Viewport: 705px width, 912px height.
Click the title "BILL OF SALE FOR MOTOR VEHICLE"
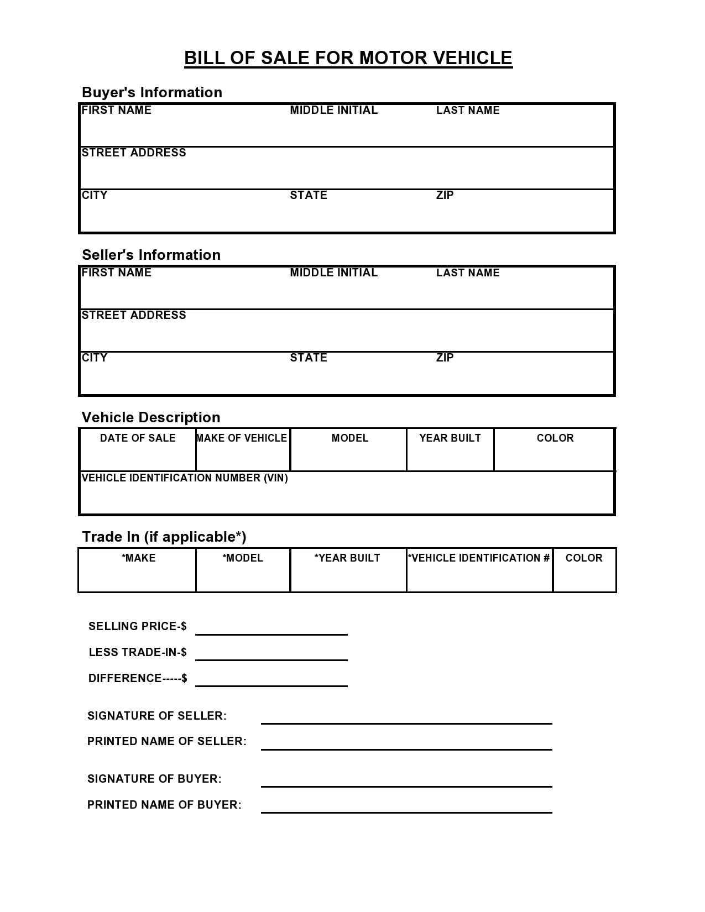point(348,58)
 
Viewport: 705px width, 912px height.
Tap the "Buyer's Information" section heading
point(152,92)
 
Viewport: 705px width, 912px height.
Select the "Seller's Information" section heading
point(151,255)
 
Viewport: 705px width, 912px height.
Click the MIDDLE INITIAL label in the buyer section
point(333,110)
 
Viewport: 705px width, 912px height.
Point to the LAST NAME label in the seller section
point(468,272)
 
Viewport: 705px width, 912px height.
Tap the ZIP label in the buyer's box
point(445,195)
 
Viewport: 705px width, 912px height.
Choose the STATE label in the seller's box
point(309,358)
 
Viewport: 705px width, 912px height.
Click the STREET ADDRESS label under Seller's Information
point(134,315)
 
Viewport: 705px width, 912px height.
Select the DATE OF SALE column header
point(138,438)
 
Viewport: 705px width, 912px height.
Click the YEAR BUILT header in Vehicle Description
point(450,438)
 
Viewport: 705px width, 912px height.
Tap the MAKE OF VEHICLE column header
point(242,438)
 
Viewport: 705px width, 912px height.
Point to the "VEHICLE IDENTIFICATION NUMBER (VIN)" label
point(185,478)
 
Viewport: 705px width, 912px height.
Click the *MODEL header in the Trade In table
point(243,558)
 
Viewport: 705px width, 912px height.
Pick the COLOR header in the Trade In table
point(584,558)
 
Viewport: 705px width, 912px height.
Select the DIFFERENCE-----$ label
point(138,678)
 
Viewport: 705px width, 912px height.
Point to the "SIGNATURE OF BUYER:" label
point(154,779)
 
